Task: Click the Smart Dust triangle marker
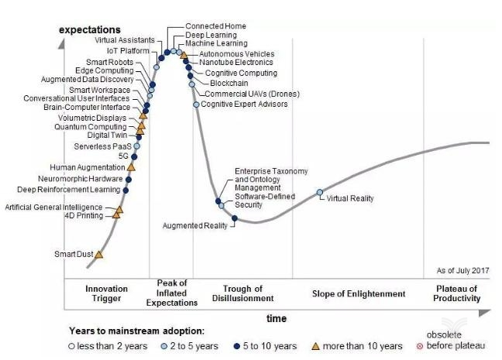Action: point(98,254)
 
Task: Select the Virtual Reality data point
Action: point(319,192)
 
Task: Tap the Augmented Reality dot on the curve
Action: point(235,218)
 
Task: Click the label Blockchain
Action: point(229,83)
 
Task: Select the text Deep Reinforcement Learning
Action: point(69,189)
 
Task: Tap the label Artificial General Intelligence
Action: point(53,207)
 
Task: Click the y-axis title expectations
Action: point(90,29)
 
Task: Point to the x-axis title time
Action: point(277,319)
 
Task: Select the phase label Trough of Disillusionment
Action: point(242,293)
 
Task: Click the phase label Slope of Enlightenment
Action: point(359,293)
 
